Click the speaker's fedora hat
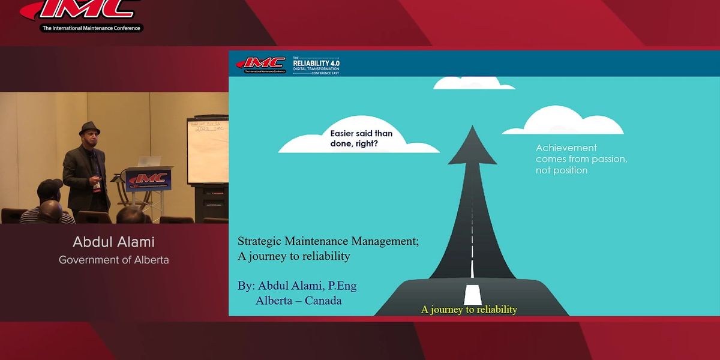[x=89, y=129]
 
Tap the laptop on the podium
[x=149, y=162]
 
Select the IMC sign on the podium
[x=148, y=179]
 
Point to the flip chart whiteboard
[x=208, y=150]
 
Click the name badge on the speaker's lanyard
[x=96, y=187]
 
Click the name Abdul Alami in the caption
[x=113, y=242]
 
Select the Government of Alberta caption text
[x=113, y=260]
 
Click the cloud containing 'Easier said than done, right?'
[x=358, y=139]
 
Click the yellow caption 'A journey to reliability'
[x=469, y=310]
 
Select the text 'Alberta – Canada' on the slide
[x=298, y=300]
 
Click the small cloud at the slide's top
[x=474, y=83]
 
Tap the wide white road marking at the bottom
[x=473, y=295]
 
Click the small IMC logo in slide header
[x=260, y=64]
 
